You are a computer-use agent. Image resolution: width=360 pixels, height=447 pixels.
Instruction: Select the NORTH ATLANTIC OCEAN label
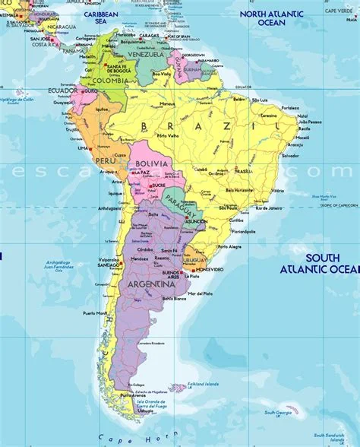[x=273, y=17]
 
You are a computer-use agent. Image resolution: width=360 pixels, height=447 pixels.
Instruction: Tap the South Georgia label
[x=279, y=413]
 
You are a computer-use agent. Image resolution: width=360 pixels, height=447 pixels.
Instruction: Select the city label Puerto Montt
[x=95, y=313]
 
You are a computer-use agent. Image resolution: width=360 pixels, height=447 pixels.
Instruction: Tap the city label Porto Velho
[x=166, y=136]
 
